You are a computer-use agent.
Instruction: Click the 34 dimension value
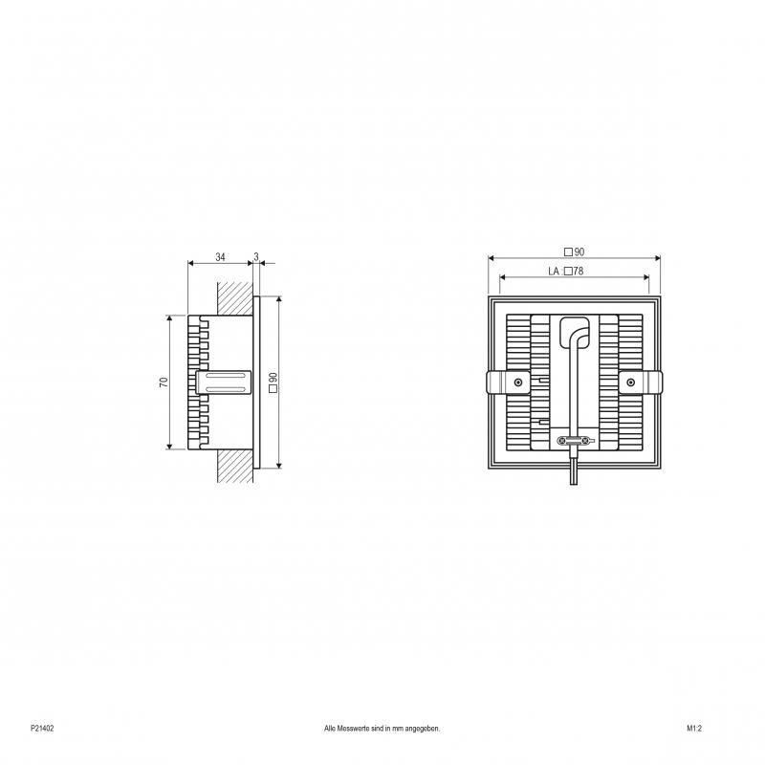coord(221,257)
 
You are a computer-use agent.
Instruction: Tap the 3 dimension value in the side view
coord(256,257)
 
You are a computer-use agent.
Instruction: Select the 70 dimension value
coord(164,382)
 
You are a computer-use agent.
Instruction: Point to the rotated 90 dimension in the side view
coord(273,382)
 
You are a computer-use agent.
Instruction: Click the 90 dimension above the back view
coord(575,252)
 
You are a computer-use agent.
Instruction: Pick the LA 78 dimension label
coord(566,272)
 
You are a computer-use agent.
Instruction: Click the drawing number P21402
coord(42,729)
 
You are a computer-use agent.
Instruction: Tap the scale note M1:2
coord(694,729)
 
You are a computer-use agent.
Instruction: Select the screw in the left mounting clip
coord(517,382)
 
